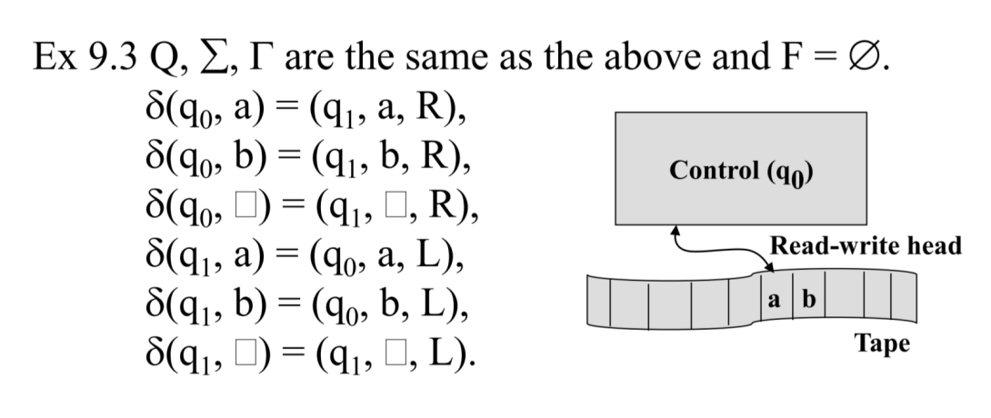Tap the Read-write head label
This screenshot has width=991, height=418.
click(865, 246)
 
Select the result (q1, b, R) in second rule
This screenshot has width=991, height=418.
click(395, 166)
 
